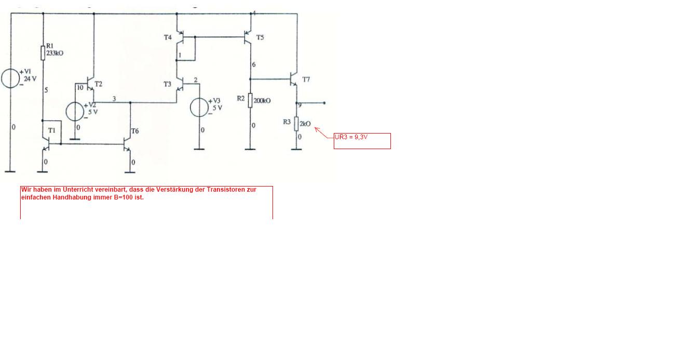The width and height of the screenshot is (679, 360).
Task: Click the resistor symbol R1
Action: tap(43, 53)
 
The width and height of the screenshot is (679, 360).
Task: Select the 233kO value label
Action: tap(55, 53)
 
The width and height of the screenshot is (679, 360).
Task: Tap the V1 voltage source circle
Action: tap(10, 78)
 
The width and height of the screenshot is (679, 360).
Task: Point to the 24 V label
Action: tap(30, 79)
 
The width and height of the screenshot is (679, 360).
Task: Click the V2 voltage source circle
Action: tap(75, 111)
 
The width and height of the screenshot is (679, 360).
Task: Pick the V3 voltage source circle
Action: tap(199, 108)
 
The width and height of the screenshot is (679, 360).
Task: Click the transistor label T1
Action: tap(52, 130)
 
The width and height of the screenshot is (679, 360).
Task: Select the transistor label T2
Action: tap(99, 84)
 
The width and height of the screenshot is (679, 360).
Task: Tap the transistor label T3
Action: tap(167, 84)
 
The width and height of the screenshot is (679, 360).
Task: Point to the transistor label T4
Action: tap(168, 37)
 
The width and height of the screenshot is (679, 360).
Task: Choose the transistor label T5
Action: tap(260, 37)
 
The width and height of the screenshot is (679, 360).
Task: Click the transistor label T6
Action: tap(135, 131)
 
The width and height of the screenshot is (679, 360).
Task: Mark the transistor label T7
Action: tap(306, 79)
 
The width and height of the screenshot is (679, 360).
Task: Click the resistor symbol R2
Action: tap(250, 100)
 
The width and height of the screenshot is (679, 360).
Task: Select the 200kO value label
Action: tap(262, 101)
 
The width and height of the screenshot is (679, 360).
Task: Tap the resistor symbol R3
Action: tap(296, 124)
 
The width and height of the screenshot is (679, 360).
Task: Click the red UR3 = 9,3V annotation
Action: tap(351, 137)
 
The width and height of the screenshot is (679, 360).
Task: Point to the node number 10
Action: tap(80, 88)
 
